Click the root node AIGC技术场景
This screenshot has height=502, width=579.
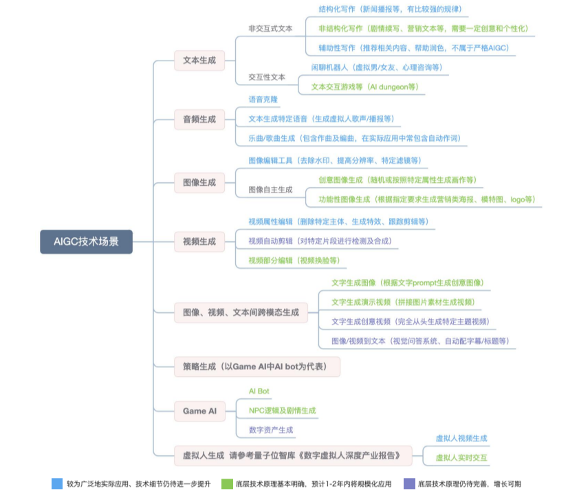pyautogui.click(x=86, y=241)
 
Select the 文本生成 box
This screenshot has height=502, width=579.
pyautogui.click(x=199, y=61)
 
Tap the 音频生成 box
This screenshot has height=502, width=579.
pyautogui.click(x=199, y=120)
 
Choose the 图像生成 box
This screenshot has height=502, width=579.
pyautogui.click(x=199, y=182)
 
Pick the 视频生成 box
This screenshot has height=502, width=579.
pyautogui.click(x=199, y=241)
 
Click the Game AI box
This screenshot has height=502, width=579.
pyautogui.click(x=199, y=411)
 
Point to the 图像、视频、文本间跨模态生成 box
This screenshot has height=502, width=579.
pyautogui.click(x=240, y=312)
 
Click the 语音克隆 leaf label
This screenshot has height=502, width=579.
pyautogui.click(x=263, y=100)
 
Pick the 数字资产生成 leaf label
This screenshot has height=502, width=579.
pyautogui.click(x=270, y=430)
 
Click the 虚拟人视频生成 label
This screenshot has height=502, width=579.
pyautogui.click(x=461, y=438)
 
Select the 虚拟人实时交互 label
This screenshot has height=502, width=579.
pyautogui.click(x=461, y=458)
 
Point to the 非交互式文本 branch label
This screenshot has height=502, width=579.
pyautogui.click(x=270, y=29)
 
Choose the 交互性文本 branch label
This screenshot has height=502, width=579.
pyautogui.click(x=267, y=78)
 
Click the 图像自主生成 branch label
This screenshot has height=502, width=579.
pyautogui.click(x=270, y=190)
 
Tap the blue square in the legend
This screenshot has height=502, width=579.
pyautogui.click(x=57, y=483)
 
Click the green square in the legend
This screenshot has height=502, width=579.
pyautogui.click(x=226, y=483)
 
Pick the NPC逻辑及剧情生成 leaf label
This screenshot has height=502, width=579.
pyautogui.click(x=282, y=411)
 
